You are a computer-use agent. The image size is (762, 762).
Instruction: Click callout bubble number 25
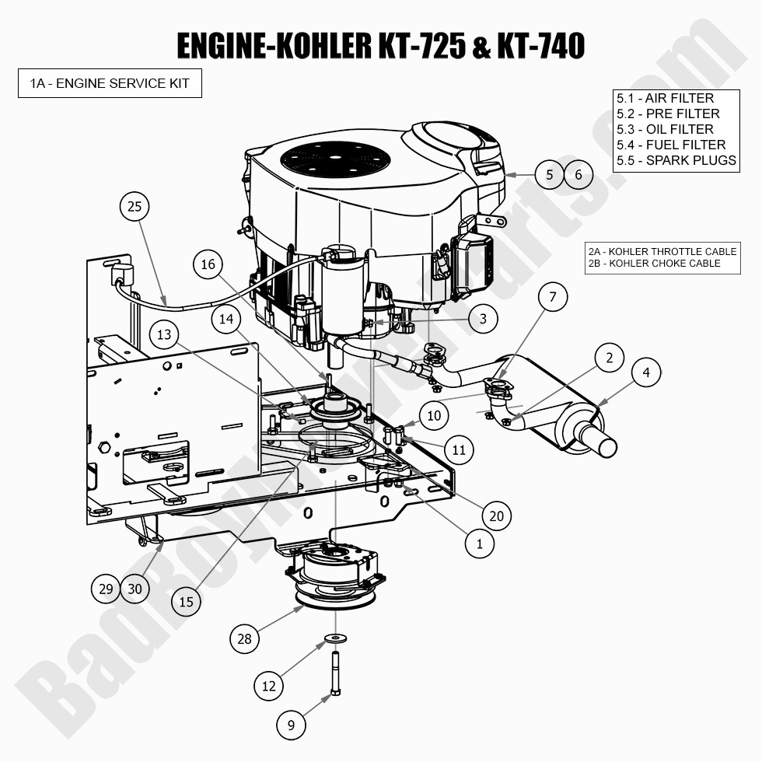tap(135, 206)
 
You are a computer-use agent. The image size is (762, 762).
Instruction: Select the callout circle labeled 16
tap(208, 264)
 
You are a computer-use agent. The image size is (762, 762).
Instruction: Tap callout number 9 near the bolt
tap(292, 725)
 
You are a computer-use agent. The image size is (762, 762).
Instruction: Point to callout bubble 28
tap(245, 638)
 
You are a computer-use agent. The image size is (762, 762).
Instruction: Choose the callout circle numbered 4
tap(646, 372)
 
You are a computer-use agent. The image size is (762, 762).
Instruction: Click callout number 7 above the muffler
tap(553, 296)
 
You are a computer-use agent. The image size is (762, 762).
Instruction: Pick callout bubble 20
tap(497, 515)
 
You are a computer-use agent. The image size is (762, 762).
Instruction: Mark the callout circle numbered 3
tap(483, 318)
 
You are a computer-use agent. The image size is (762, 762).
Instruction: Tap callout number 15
tap(187, 601)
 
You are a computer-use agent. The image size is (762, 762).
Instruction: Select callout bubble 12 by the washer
tap(269, 686)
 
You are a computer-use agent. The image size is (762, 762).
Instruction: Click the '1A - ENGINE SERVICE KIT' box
tap(110, 83)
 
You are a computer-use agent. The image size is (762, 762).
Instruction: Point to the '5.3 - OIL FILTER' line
tap(665, 129)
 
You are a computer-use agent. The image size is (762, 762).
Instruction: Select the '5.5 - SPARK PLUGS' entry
tap(676, 160)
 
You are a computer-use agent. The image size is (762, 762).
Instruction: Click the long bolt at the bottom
tap(335, 673)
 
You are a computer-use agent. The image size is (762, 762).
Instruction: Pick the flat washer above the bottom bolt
tap(335, 638)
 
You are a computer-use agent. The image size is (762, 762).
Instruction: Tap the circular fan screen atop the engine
tap(335, 159)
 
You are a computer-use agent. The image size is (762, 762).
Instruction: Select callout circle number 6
tap(578, 175)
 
